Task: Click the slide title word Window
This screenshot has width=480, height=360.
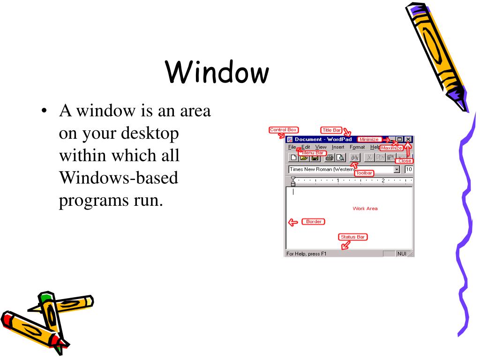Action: (x=217, y=73)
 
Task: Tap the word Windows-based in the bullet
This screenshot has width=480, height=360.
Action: (x=119, y=178)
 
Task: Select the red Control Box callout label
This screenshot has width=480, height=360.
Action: (x=284, y=130)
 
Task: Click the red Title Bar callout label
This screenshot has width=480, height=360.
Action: (x=332, y=130)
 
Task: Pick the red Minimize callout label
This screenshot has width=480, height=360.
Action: (x=369, y=139)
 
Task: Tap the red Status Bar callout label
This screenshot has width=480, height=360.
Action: (x=353, y=237)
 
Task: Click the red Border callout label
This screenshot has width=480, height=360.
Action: (x=314, y=222)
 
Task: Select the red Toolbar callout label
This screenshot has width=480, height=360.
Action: (x=364, y=173)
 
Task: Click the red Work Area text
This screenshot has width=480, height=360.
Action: (x=365, y=209)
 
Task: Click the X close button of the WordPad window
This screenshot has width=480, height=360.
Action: (x=409, y=139)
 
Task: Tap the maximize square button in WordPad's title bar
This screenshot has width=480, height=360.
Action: (x=400, y=139)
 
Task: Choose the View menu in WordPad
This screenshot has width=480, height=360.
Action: (x=321, y=147)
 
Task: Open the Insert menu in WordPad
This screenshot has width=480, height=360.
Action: (x=338, y=147)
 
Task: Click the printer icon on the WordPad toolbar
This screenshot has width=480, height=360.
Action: (x=329, y=157)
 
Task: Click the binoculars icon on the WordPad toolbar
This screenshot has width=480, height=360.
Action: (x=355, y=157)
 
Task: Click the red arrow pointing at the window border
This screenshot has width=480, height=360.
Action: (x=293, y=223)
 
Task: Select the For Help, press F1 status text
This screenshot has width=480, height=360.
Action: (x=306, y=254)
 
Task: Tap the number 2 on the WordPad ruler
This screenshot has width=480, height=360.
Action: (x=383, y=180)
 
